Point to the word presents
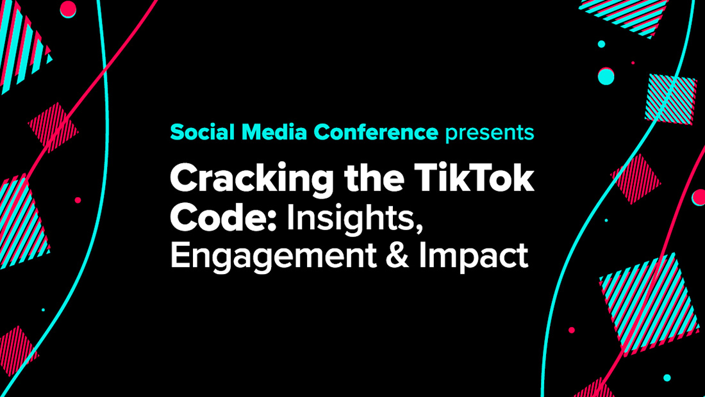coord(490,133)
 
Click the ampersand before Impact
coord(397,256)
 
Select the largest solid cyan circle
coord(606,76)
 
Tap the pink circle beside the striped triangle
coord(68,8)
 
